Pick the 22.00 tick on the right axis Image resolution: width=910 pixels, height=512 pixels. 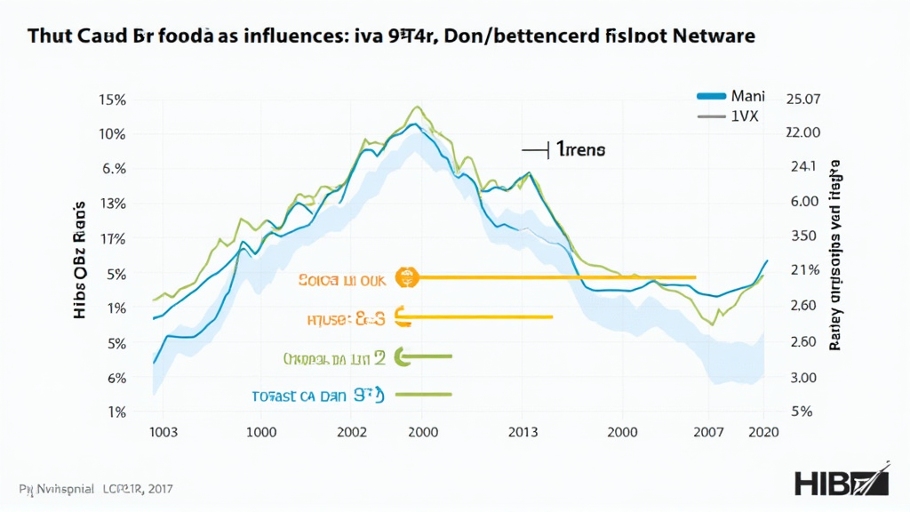point(802,132)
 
